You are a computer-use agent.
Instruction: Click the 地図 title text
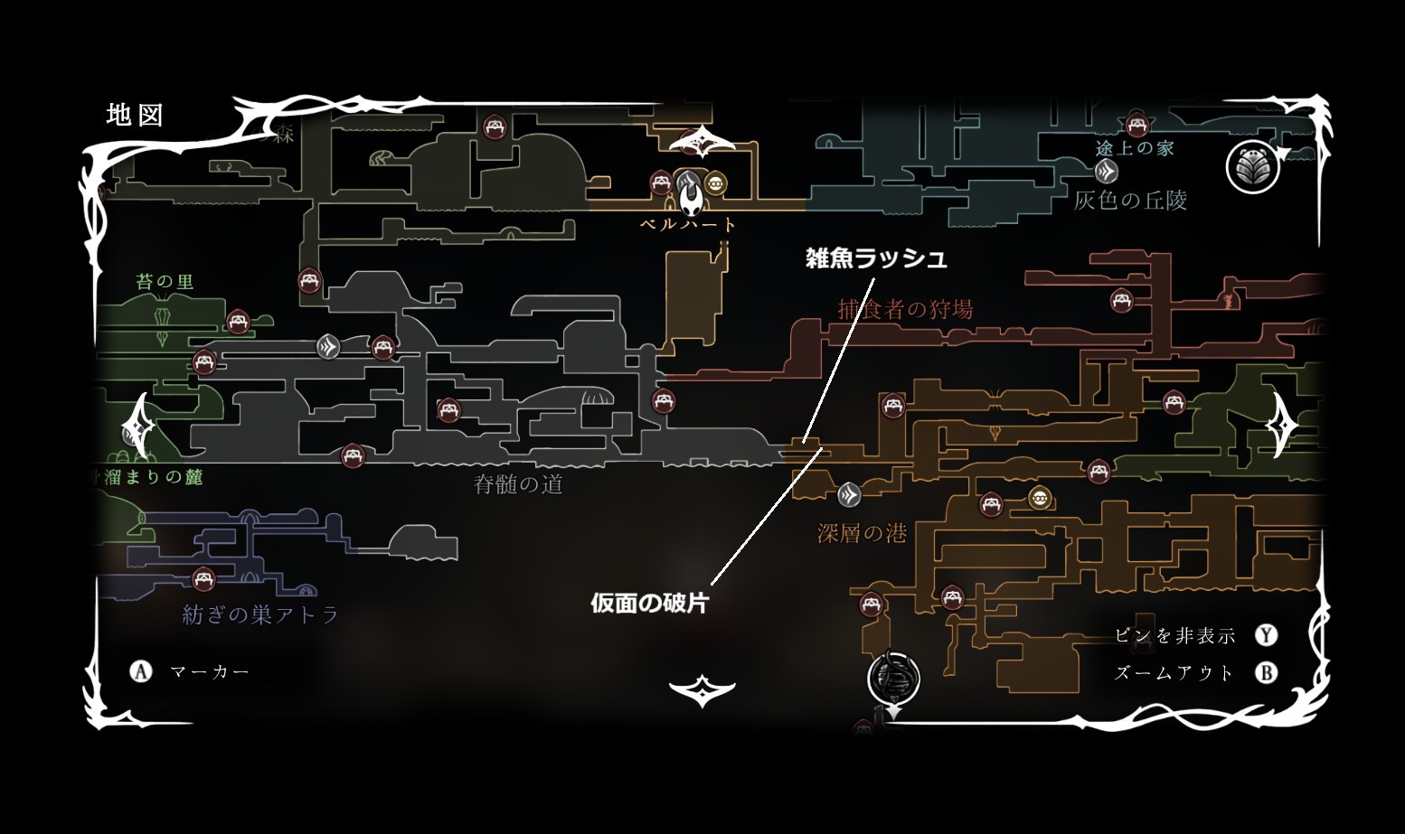tap(134, 115)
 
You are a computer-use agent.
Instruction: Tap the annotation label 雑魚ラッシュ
tap(875, 258)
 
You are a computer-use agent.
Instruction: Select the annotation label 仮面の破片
tap(649, 603)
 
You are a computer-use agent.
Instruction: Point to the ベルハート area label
tap(688, 224)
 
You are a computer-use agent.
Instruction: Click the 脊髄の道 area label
tap(518, 484)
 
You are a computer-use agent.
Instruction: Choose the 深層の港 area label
tap(862, 533)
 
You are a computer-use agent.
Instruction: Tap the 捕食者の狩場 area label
tap(905, 309)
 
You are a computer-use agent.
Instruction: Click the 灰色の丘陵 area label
tap(1130, 200)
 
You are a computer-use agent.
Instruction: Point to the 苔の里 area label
tap(165, 282)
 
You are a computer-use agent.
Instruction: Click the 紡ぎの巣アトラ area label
tap(260, 615)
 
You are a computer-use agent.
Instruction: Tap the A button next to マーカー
tap(141, 671)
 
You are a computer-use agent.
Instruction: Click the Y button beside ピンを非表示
tap(1267, 635)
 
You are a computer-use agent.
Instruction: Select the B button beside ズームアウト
tap(1267, 673)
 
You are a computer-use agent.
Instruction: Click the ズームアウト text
tap(1174, 673)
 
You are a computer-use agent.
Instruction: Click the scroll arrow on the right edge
tap(1281, 425)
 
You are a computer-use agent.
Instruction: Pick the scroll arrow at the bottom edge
tap(702, 691)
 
